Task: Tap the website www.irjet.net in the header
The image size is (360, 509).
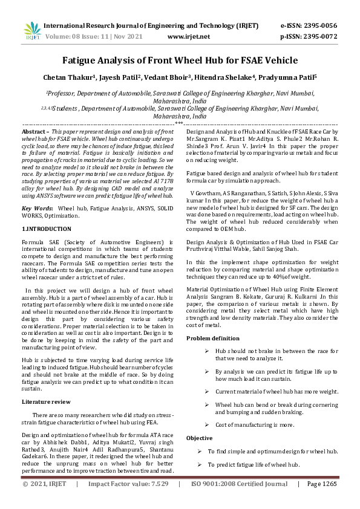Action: (x=189, y=37)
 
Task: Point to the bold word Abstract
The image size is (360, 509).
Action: (x=34, y=131)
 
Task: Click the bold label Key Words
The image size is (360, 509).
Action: (x=37, y=191)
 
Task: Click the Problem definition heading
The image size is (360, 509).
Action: (x=212, y=338)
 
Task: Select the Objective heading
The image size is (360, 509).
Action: (x=199, y=438)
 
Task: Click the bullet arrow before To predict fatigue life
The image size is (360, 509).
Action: (x=200, y=464)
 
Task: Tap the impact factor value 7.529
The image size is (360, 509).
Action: (x=155, y=484)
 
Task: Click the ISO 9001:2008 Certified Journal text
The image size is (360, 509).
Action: (x=239, y=484)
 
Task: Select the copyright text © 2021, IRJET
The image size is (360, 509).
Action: (x=44, y=484)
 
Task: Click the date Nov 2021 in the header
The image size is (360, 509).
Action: (x=126, y=37)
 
